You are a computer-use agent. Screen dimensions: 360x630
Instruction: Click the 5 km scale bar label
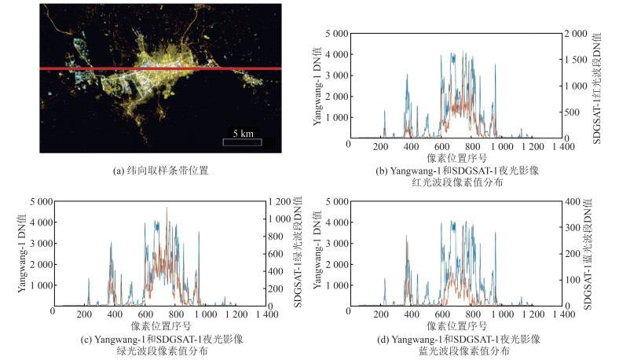(x=241, y=133)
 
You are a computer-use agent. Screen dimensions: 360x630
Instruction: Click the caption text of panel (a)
(x=159, y=169)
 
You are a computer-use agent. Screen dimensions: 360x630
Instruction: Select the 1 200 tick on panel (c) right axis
(x=278, y=202)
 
